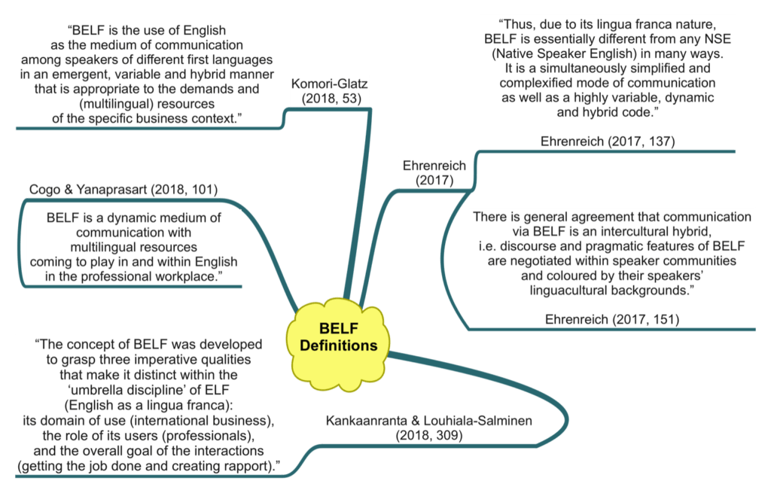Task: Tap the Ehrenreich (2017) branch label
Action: coord(433,172)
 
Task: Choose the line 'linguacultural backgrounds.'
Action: coord(611,290)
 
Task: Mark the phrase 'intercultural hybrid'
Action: coord(648,231)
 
